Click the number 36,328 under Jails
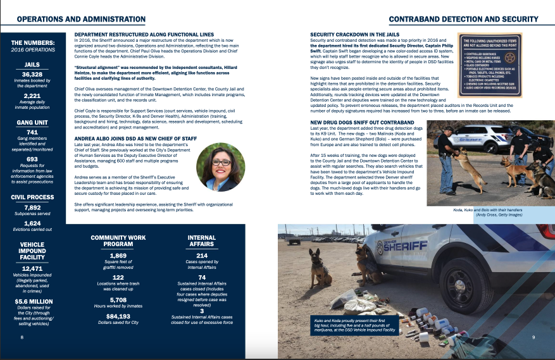(x=32, y=74)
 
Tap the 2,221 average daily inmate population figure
(x=32, y=96)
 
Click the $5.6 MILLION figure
(x=32, y=301)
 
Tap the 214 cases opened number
(x=202, y=255)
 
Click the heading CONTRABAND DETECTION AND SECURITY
(x=463, y=20)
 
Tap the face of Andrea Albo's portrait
(x=221, y=163)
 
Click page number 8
(x=22, y=337)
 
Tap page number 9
(x=533, y=337)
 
